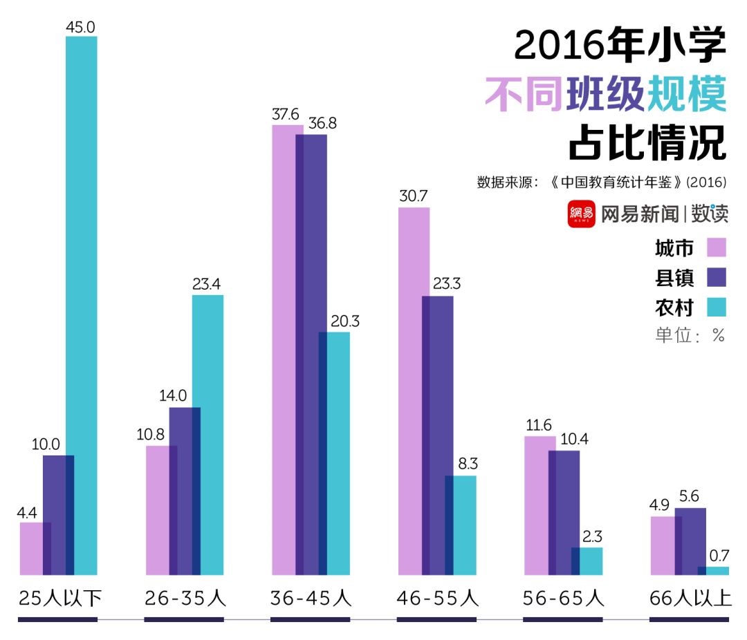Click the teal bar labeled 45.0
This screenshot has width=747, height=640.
(x=82, y=304)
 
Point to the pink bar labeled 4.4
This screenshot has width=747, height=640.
(x=31, y=548)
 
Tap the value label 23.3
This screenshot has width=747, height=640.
(x=437, y=284)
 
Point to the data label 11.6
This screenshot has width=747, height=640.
(x=539, y=425)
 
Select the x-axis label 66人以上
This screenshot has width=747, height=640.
(x=690, y=598)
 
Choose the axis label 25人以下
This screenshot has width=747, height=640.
(x=59, y=598)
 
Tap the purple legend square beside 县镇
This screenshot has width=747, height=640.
(x=717, y=277)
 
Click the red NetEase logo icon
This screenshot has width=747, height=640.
(x=581, y=214)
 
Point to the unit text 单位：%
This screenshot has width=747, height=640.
(x=690, y=336)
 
